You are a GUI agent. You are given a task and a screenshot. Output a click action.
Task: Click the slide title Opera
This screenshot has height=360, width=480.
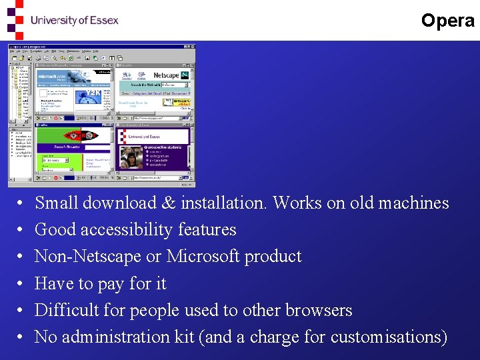(x=447, y=21)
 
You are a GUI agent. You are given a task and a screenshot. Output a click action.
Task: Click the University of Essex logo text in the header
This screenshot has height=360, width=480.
(x=74, y=20)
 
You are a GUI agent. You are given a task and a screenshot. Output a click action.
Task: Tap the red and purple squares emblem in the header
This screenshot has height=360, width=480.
(x=14, y=20)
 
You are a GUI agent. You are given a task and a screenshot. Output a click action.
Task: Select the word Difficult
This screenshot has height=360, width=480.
(x=65, y=310)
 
